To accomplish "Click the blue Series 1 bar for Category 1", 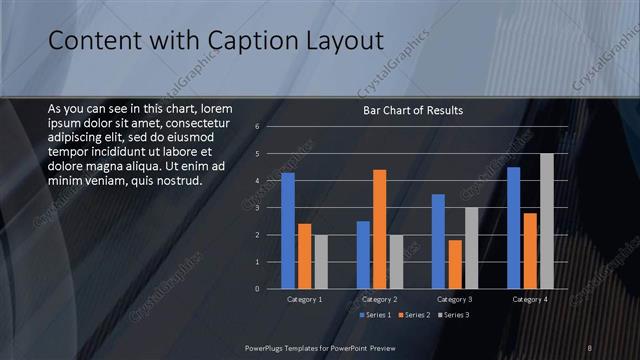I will coord(288,231).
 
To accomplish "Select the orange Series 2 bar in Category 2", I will coord(379,229).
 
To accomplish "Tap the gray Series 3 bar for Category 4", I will coord(546,221).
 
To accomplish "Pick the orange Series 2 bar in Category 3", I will coord(455,264).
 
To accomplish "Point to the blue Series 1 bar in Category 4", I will coord(514,228).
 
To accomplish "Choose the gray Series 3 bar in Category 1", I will coord(320,262).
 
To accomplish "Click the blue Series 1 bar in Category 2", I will coord(363,255).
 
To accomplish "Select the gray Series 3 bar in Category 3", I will coord(471,248).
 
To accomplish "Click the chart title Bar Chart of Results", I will coord(412,110).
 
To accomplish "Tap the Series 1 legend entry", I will coord(375,316).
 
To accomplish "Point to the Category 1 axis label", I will coord(304,300).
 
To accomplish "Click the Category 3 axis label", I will coord(455,300).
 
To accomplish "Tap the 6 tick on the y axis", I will coord(257,127).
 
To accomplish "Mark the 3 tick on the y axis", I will coord(257,208).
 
